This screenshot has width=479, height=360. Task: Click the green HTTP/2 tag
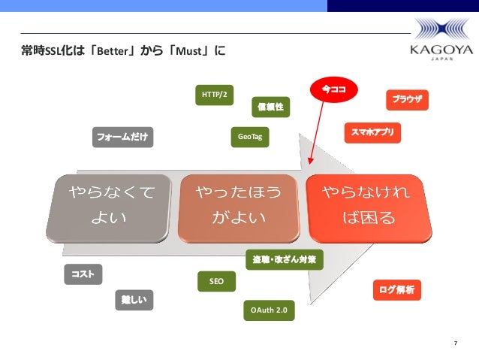(x=215, y=95)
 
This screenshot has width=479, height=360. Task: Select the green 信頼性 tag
(x=270, y=108)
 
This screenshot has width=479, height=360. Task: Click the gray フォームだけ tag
(x=122, y=137)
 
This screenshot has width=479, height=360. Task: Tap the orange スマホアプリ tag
(x=372, y=133)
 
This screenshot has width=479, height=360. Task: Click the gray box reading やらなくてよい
(x=113, y=207)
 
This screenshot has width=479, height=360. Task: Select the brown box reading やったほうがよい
(x=239, y=207)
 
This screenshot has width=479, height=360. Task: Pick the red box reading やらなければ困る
(x=368, y=207)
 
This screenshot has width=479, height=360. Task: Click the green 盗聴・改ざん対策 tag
(x=285, y=260)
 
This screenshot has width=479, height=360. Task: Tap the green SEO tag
(x=216, y=282)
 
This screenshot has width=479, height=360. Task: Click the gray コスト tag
(x=83, y=274)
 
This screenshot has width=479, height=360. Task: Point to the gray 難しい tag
(x=134, y=300)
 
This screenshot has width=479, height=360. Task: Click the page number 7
(x=455, y=343)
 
